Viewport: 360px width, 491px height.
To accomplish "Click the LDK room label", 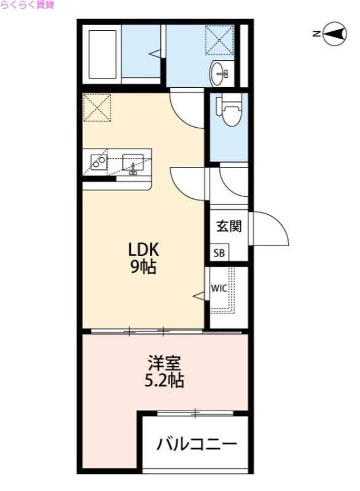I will (143, 250).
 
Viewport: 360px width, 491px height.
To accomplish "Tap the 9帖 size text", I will (143, 267).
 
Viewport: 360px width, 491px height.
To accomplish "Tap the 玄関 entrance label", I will (229, 226).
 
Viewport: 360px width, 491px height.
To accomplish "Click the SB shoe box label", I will (219, 253).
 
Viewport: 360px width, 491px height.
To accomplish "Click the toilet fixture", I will (230, 111).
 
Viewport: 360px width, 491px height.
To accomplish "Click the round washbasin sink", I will (220, 74).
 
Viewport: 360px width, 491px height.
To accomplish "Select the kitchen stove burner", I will (98, 161).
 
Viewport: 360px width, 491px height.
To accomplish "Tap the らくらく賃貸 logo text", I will (28, 5).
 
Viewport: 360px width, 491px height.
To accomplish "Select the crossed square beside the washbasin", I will (219, 40).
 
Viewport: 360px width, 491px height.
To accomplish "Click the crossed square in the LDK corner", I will (97, 107).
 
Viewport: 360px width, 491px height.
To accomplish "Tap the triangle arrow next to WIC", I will (200, 296).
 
